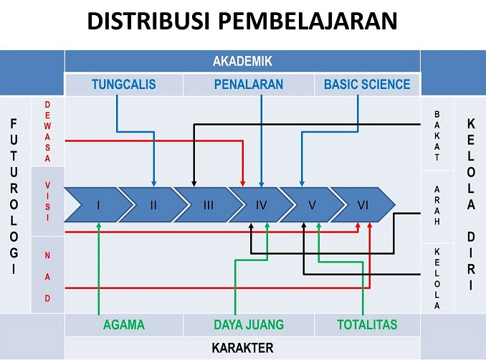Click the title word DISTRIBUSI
(x=148, y=21)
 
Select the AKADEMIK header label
(x=242, y=61)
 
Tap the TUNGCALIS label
(x=124, y=85)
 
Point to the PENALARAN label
(x=249, y=85)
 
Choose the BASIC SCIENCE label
(x=367, y=85)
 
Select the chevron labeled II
(x=153, y=204)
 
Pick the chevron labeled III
(x=209, y=204)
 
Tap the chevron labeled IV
(x=261, y=204)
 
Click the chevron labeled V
(x=312, y=204)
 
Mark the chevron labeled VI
(x=363, y=204)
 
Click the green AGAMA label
(x=124, y=325)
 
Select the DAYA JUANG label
(x=249, y=325)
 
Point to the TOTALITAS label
(x=367, y=325)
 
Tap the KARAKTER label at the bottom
(x=242, y=348)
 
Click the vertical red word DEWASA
(x=47, y=131)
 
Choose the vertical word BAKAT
(x=437, y=136)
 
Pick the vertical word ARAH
(x=437, y=205)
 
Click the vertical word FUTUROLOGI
(x=14, y=196)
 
